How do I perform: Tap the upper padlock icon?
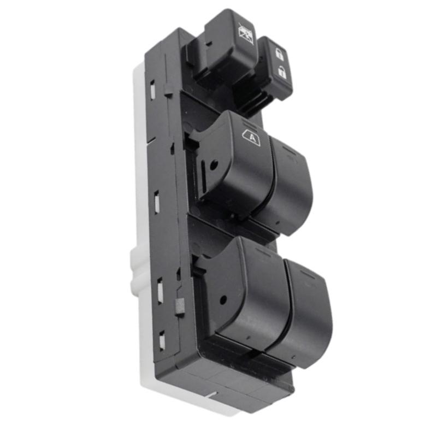pos(279,54)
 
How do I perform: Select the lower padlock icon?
pos(282,71)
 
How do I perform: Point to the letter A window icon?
pos(251,138)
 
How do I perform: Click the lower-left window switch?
pos(249,290)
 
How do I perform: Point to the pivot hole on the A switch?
pos(214,164)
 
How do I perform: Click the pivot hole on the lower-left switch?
pos(224,299)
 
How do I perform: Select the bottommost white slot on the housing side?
pos(162,341)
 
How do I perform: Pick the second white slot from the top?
pos(156,202)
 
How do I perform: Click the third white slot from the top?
pos(160,290)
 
